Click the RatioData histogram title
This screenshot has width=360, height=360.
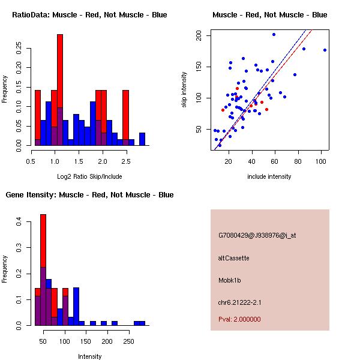89,14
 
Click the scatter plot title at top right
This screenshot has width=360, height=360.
270,14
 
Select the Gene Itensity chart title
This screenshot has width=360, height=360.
89,194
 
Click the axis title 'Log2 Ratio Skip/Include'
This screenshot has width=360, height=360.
90,176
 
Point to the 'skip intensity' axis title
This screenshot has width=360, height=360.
184,90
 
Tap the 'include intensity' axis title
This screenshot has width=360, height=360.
270,176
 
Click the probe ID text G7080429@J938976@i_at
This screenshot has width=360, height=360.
257,235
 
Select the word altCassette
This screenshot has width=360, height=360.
233,258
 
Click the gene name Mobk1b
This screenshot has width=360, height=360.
230,280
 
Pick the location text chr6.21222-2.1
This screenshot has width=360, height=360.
240,302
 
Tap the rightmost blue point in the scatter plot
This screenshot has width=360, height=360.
325,50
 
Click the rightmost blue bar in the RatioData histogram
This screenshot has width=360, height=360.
142,139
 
